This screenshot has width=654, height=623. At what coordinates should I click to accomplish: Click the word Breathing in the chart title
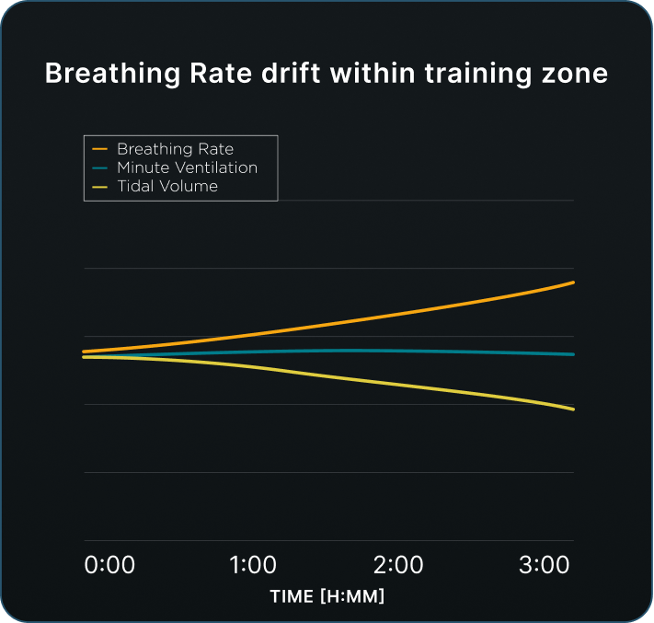pos(103,75)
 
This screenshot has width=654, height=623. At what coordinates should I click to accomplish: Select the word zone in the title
pos(572,74)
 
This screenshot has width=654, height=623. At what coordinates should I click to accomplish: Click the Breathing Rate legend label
pos(175,149)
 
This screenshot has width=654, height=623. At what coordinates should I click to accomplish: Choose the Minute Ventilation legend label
pos(187,167)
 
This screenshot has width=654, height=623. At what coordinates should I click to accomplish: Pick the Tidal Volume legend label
pos(167,186)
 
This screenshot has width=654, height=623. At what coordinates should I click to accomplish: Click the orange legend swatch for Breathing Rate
pos(100,149)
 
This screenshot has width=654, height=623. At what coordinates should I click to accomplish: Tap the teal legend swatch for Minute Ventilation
pos(100,167)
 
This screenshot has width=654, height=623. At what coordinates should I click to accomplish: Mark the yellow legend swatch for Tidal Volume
pos(100,186)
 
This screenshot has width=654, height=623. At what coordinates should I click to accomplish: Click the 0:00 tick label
pos(109,565)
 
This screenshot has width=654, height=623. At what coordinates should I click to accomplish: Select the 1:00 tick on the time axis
pos(253,565)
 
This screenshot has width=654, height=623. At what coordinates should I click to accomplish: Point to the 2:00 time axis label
pos(398,565)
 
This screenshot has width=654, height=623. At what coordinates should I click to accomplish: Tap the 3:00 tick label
pos(544,565)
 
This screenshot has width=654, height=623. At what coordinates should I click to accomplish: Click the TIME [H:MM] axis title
pos(327,596)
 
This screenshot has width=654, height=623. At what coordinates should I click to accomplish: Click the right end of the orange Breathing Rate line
pos(573,283)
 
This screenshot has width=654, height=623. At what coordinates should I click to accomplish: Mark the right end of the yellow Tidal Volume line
pos(573,409)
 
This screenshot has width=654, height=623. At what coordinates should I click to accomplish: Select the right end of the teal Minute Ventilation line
pos(573,354)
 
